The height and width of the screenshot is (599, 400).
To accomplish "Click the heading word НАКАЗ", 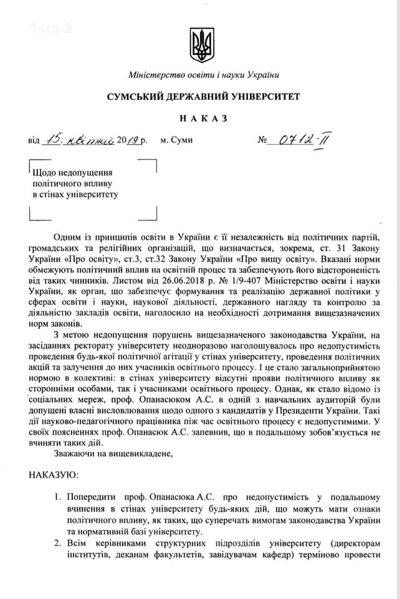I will tap(199, 118).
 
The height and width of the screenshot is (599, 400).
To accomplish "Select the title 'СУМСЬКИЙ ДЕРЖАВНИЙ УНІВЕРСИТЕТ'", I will tap(203, 97).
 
